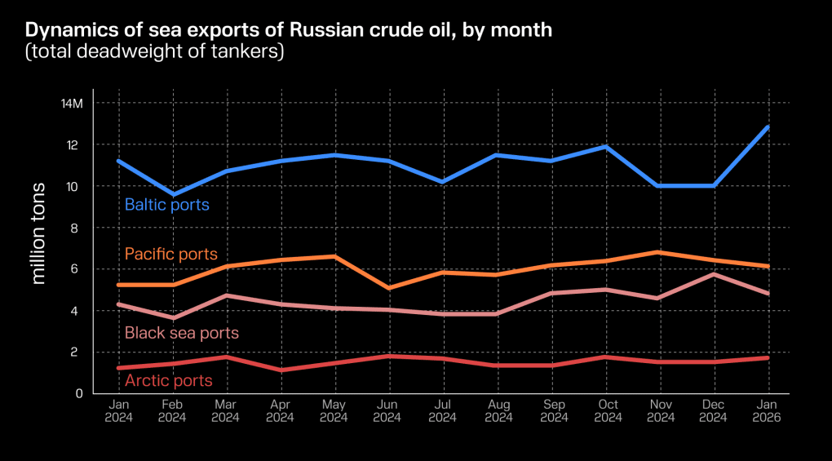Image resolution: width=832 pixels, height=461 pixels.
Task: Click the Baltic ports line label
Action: pyautogui.click(x=166, y=205)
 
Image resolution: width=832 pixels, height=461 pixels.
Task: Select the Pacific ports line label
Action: pyautogui.click(x=170, y=255)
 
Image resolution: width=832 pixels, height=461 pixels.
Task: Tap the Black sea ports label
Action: pyautogui.click(x=181, y=333)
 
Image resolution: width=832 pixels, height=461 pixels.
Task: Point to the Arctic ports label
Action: pyautogui.click(x=168, y=380)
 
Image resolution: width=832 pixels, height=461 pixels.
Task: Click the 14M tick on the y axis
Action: pyautogui.click(x=72, y=104)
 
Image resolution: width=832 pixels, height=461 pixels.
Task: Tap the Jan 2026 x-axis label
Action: pyautogui.click(x=768, y=411)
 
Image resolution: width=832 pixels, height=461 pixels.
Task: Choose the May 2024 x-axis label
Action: pyautogui.click(x=334, y=411)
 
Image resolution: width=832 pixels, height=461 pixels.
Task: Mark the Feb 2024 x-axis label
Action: pyautogui.click(x=172, y=411)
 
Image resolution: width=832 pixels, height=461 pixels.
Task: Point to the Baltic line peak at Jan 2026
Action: pyautogui.click(x=768, y=126)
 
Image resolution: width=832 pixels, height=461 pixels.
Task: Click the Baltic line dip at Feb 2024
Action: pyautogui.click(x=172, y=194)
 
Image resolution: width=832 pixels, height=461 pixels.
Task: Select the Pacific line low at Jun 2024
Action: pyautogui.click(x=388, y=288)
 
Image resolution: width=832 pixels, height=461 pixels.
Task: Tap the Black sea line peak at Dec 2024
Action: pyautogui.click(x=714, y=274)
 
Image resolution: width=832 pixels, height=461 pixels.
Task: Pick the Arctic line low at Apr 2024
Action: pyautogui.click(x=280, y=370)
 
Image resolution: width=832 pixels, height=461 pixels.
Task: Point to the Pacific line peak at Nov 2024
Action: pyautogui.click(x=659, y=252)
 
